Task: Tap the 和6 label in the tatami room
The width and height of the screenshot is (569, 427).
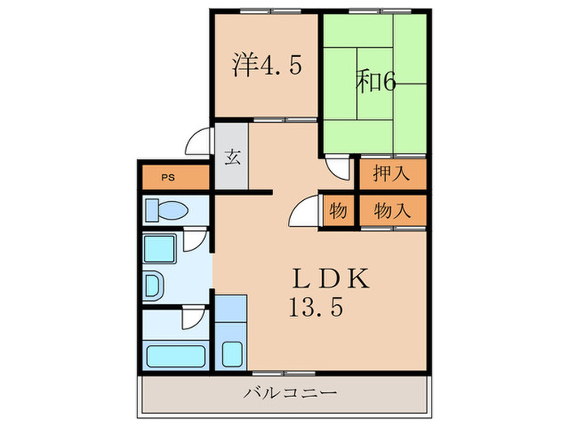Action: click(375, 82)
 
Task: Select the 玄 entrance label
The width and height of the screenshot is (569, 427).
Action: click(232, 157)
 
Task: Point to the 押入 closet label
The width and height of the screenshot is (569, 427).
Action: click(391, 172)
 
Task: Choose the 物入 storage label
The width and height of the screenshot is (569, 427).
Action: click(391, 211)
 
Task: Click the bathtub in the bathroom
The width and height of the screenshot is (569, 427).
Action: click(176, 355)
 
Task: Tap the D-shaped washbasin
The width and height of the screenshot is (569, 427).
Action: click(154, 285)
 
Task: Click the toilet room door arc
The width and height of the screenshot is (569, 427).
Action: click(194, 239)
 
